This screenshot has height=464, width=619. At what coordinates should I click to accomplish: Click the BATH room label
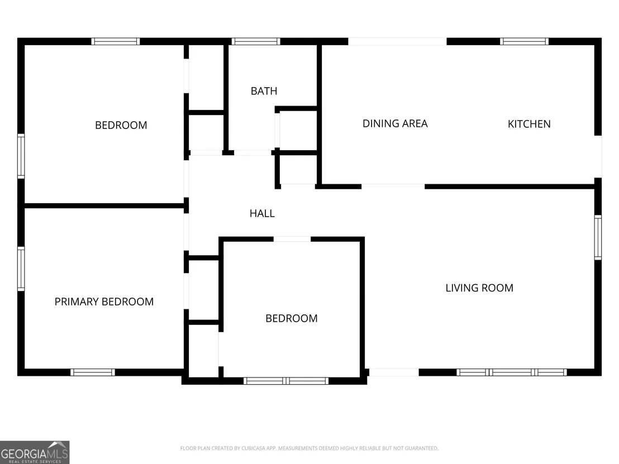point(264,91)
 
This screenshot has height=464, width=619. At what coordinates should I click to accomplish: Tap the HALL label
point(262,213)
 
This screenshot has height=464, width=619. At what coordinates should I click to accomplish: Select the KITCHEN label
point(529,124)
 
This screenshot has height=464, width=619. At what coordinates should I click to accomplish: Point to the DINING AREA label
point(395,123)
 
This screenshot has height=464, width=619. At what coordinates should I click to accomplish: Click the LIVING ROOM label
point(479,288)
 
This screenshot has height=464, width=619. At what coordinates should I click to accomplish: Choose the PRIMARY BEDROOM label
point(104,302)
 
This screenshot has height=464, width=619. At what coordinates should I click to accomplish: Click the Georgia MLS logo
point(35,452)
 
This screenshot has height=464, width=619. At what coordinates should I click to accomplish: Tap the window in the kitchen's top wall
point(524,41)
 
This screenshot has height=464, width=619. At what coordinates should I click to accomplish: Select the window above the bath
point(256,41)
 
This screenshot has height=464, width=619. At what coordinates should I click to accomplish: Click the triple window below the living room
point(512,372)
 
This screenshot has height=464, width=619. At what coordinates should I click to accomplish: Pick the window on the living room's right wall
point(598,237)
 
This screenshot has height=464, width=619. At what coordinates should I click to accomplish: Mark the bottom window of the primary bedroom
point(93,372)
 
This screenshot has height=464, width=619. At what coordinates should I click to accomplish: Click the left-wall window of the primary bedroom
point(21,269)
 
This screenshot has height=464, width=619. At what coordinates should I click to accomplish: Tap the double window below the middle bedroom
point(286,381)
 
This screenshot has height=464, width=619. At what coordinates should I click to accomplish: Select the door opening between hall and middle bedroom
point(292,239)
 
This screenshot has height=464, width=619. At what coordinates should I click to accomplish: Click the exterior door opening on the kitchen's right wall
point(598,157)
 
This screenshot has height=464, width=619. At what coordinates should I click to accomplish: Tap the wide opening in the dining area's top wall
point(397,41)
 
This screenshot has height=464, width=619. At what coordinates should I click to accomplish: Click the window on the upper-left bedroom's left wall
point(21,156)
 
